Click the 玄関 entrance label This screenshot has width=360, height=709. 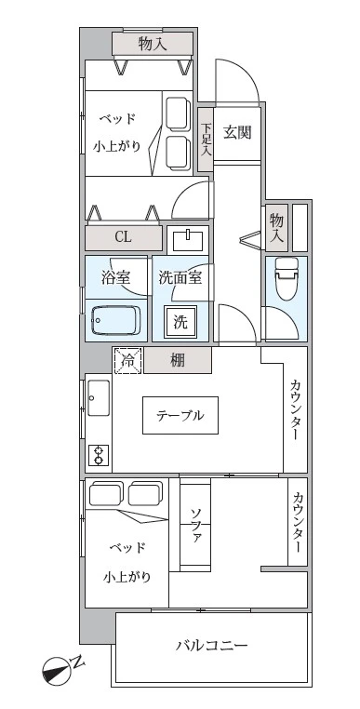(237, 131)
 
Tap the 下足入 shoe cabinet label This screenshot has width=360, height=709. (206, 140)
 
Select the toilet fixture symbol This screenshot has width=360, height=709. (287, 277)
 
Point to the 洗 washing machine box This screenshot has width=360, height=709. (181, 323)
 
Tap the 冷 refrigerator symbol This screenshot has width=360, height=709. (127, 359)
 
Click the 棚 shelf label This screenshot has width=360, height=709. (178, 360)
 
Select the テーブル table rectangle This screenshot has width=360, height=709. (180, 415)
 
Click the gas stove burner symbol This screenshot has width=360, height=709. (98, 455)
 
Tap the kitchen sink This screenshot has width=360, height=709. (98, 403)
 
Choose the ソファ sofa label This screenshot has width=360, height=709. (195, 527)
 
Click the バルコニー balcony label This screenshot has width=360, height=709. (212, 646)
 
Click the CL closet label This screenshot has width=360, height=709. (123, 236)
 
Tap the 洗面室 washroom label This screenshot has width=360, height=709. (180, 276)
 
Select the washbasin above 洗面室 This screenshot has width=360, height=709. (189, 240)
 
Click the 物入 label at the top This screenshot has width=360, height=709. (153, 43)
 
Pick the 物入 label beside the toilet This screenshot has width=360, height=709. (277, 226)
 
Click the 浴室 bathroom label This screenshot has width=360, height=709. (115, 276)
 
